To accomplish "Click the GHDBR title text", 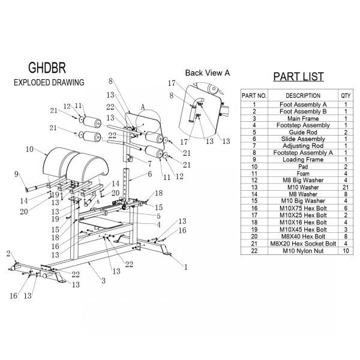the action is (47, 68).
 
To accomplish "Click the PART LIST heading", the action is (298, 76).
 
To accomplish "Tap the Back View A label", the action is (208, 73).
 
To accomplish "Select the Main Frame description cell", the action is (303, 118).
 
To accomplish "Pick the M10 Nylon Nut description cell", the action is (303, 251).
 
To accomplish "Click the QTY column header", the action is (346, 95).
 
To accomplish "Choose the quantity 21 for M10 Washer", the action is (346, 187).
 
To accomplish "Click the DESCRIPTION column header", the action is (303, 95).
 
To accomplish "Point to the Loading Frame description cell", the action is (303, 160).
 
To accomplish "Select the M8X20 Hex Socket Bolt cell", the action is (303, 244).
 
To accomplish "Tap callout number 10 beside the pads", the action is (29, 149).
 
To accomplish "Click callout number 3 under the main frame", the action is (104, 281).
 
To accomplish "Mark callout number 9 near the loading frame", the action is (16, 174).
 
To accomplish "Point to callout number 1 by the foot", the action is (186, 267).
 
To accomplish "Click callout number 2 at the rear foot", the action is (8, 254).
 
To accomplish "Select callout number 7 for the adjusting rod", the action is (149, 164).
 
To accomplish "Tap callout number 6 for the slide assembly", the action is (149, 174).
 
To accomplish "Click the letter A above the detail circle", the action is (143, 107).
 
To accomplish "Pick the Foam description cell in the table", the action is (303, 173).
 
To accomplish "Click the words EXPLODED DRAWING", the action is (49, 82).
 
